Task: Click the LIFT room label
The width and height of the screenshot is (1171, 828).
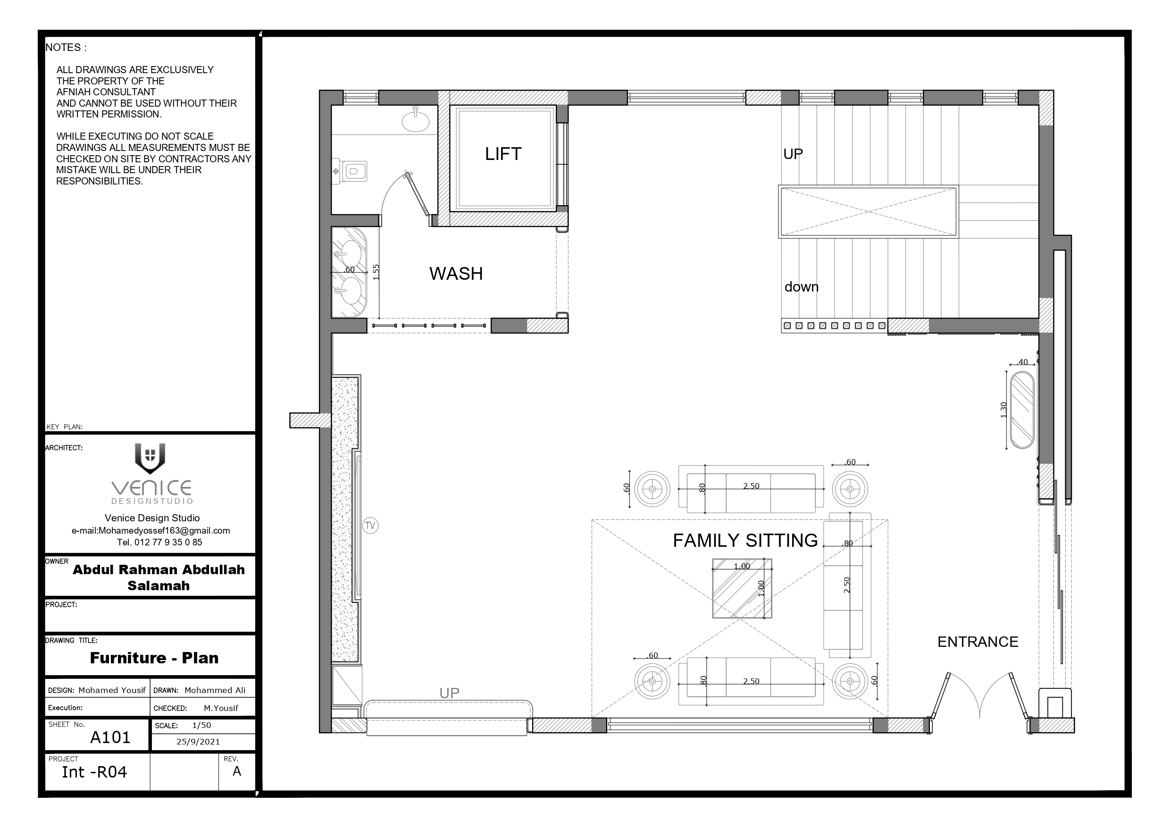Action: click(x=503, y=153)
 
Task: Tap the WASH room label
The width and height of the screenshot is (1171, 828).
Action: click(x=456, y=274)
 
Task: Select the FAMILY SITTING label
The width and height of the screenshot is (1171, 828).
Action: click(x=745, y=540)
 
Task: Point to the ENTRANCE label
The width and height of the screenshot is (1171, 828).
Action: click(x=978, y=642)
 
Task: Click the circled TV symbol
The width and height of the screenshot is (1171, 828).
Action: click(x=370, y=526)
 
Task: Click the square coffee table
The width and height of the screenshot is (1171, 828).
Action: click(x=742, y=588)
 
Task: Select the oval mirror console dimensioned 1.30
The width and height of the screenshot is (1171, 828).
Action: click(x=1022, y=410)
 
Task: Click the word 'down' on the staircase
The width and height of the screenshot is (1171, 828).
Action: click(x=801, y=287)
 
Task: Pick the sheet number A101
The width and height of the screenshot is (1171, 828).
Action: click(x=110, y=738)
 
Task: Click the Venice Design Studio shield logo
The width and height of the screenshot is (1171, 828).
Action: click(x=150, y=458)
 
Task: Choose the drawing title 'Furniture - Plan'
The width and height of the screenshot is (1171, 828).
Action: click(x=154, y=658)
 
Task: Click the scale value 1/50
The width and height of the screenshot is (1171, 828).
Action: click(x=201, y=725)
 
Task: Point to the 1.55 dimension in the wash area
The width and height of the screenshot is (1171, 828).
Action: click(x=376, y=272)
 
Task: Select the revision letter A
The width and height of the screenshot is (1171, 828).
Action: click(x=237, y=771)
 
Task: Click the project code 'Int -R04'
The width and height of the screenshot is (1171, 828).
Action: click(x=94, y=772)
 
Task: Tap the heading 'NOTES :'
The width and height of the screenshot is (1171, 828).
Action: click(x=66, y=48)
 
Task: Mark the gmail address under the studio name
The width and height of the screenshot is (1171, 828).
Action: click(x=151, y=531)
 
